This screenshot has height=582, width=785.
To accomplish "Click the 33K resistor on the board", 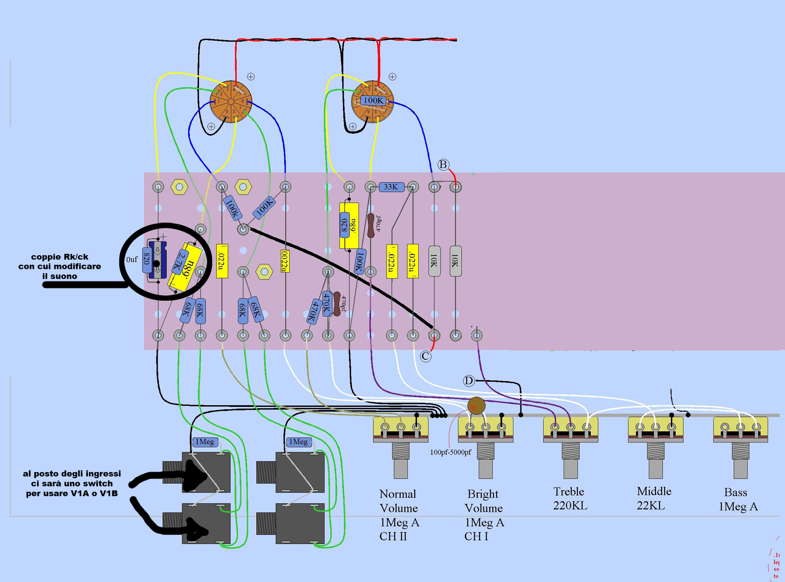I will click(x=391, y=187).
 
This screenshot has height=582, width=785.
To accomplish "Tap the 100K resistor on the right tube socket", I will click(x=373, y=100).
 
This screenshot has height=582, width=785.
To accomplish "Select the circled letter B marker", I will click(x=443, y=165).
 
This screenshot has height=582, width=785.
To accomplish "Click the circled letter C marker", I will click(x=425, y=356).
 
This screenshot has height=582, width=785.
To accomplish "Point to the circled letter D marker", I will click(x=468, y=381).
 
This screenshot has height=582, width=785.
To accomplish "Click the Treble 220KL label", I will click(x=570, y=498).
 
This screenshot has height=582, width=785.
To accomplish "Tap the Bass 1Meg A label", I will click(x=738, y=499).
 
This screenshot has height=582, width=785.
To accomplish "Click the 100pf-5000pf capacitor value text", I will click(x=450, y=452).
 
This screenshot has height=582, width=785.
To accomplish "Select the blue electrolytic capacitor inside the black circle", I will click(x=158, y=260).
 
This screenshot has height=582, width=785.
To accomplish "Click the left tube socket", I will click(x=230, y=102).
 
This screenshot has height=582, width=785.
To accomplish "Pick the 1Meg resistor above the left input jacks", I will click(x=205, y=442).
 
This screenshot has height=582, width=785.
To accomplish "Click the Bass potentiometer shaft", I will click(x=741, y=466).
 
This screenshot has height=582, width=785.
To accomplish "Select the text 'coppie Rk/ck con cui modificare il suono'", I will click(x=59, y=266).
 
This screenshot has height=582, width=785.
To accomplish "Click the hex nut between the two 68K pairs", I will click(x=264, y=272).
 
